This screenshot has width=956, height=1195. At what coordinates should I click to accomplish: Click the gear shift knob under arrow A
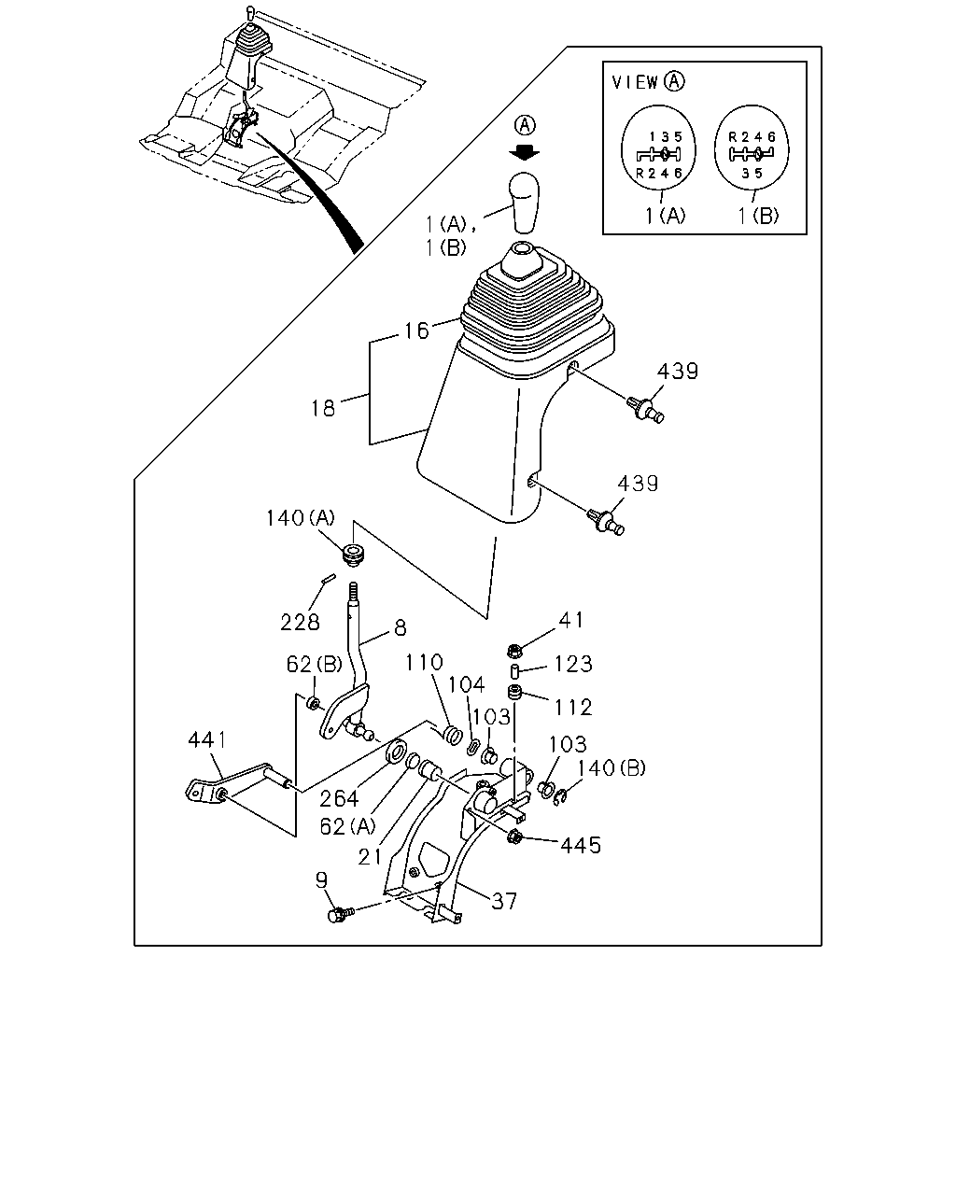click(x=525, y=203)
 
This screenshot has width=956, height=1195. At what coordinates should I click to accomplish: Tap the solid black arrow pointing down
click(x=525, y=152)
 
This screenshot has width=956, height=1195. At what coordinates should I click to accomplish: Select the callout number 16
click(x=416, y=330)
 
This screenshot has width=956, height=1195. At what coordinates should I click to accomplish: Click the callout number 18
click(x=323, y=409)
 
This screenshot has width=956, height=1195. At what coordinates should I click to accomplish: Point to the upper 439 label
click(x=677, y=371)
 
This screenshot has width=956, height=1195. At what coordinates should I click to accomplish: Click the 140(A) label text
click(x=301, y=518)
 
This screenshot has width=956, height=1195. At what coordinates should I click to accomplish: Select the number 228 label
click(x=300, y=623)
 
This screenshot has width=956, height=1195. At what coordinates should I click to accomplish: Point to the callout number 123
click(x=573, y=664)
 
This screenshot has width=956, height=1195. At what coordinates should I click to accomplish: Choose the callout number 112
click(x=573, y=708)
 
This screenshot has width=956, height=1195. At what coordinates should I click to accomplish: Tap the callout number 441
click(x=207, y=739)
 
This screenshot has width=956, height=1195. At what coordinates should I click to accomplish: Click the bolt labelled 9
click(x=341, y=913)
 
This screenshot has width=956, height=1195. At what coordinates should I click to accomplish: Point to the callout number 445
click(x=581, y=845)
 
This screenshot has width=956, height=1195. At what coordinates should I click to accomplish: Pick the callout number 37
click(x=504, y=901)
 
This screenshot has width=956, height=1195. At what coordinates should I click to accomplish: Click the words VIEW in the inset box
click(x=635, y=82)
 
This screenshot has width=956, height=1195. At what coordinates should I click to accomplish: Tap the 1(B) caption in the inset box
click(x=758, y=216)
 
